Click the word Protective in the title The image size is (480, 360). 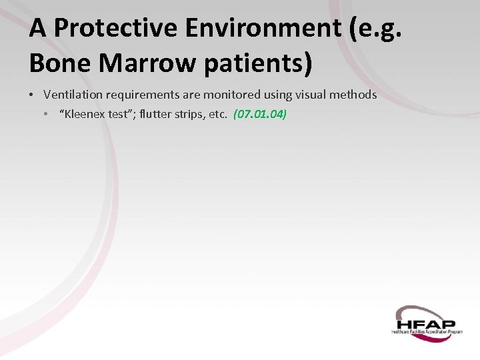(115, 29)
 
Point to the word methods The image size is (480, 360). (353, 95)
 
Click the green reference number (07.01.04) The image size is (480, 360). (260, 114)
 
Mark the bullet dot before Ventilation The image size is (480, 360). (33, 95)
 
